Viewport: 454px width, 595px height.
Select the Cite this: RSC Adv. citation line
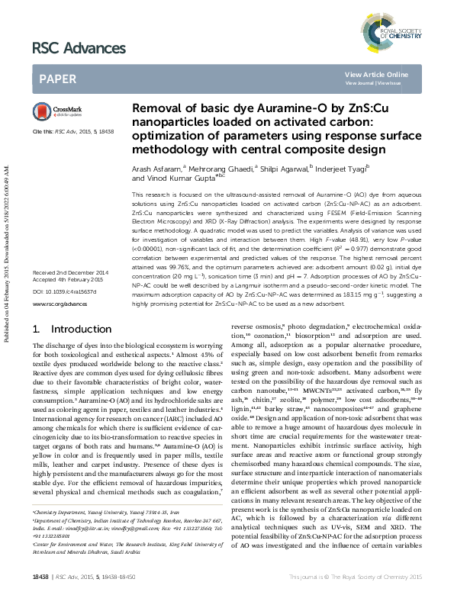72,132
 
